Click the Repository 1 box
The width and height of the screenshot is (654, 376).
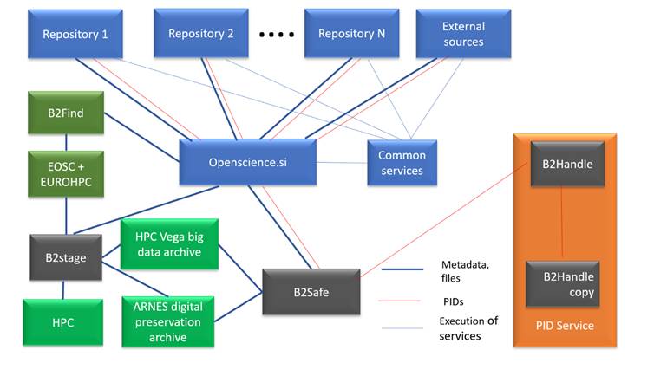(x=74, y=34)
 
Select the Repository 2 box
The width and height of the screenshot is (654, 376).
(x=201, y=34)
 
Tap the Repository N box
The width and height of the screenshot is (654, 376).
(x=350, y=34)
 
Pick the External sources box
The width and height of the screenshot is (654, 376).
(x=463, y=34)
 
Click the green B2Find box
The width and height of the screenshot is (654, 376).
(x=66, y=112)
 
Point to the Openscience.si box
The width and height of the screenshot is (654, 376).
(x=248, y=162)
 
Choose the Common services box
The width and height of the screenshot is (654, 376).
(x=402, y=163)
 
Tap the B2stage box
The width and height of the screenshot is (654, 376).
(x=66, y=256)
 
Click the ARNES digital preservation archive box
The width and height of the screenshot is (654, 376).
(x=168, y=322)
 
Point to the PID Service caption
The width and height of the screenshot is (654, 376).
(x=565, y=326)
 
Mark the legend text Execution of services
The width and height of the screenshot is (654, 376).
(x=468, y=328)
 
